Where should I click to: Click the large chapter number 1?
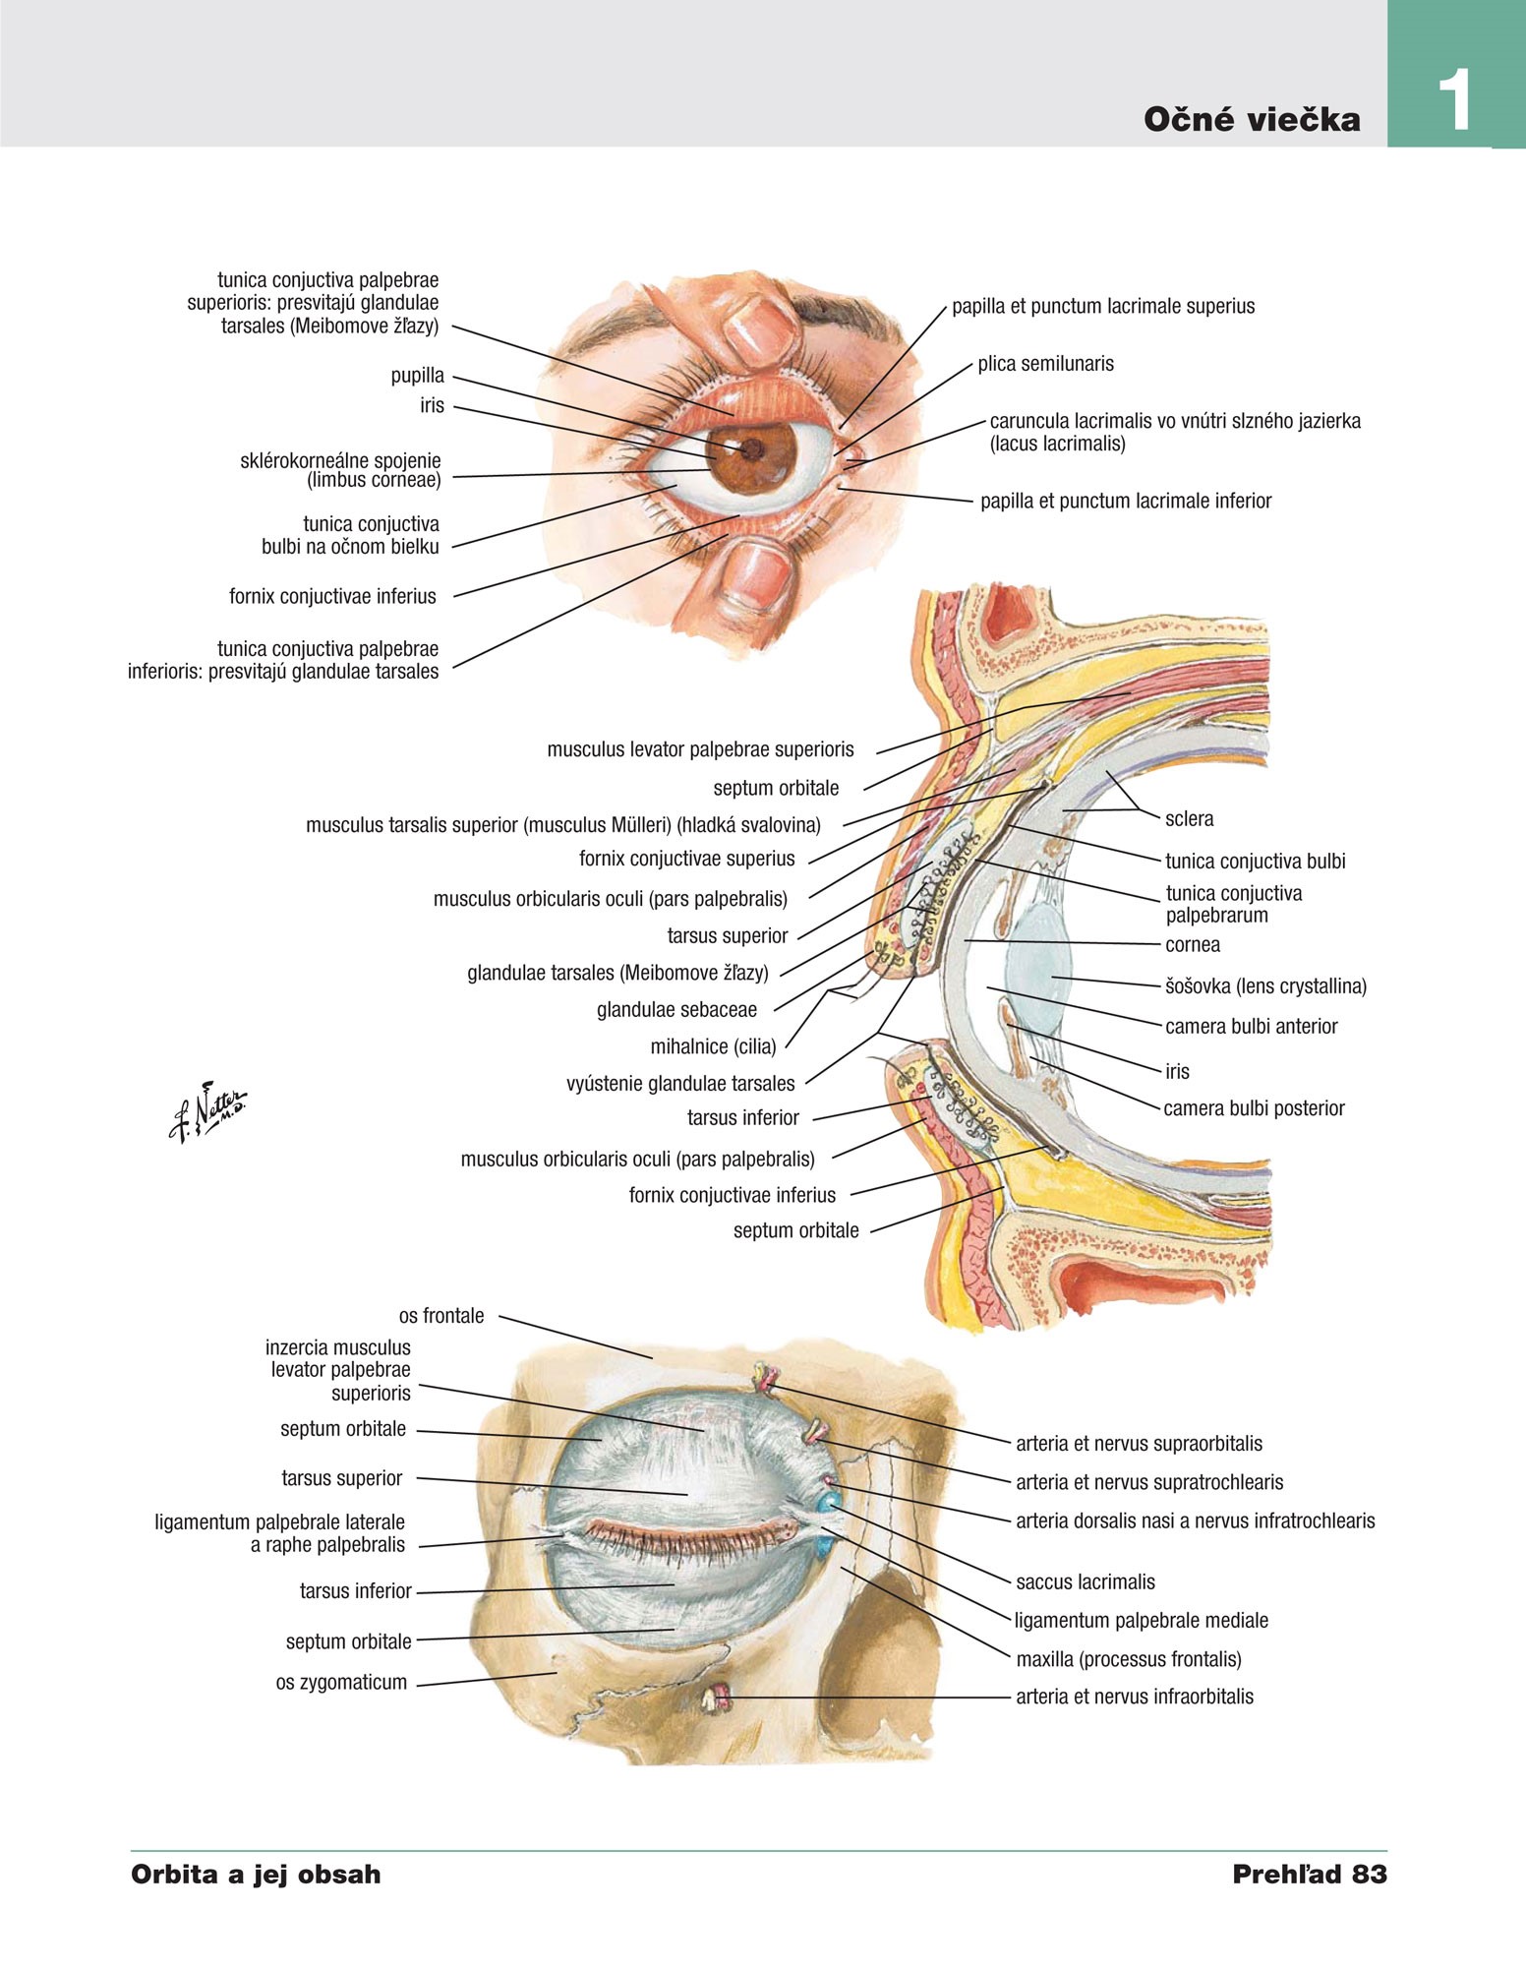pos(1454,101)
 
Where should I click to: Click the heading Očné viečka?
pos(1252,120)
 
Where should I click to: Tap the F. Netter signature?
pos(207,1111)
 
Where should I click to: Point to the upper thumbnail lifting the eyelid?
pos(758,325)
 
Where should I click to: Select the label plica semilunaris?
pos(1045,364)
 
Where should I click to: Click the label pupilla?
pos(417,376)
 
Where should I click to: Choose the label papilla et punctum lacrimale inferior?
pos(1126,502)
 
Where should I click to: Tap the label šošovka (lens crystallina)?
pos(1265,986)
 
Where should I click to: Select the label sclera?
pos(1189,818)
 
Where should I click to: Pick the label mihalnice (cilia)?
pos(713,1046)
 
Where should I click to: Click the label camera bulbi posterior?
pos(1254,1108)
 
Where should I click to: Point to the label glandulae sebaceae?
pos(676,1010)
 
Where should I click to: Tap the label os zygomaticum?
pos(341,1683)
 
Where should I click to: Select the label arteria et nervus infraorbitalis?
pos(1135,1697)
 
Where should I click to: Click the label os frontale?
pos(440,1316)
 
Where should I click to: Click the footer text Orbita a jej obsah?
pos(256,1875)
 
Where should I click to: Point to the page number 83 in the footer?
pos(1369,1875)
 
